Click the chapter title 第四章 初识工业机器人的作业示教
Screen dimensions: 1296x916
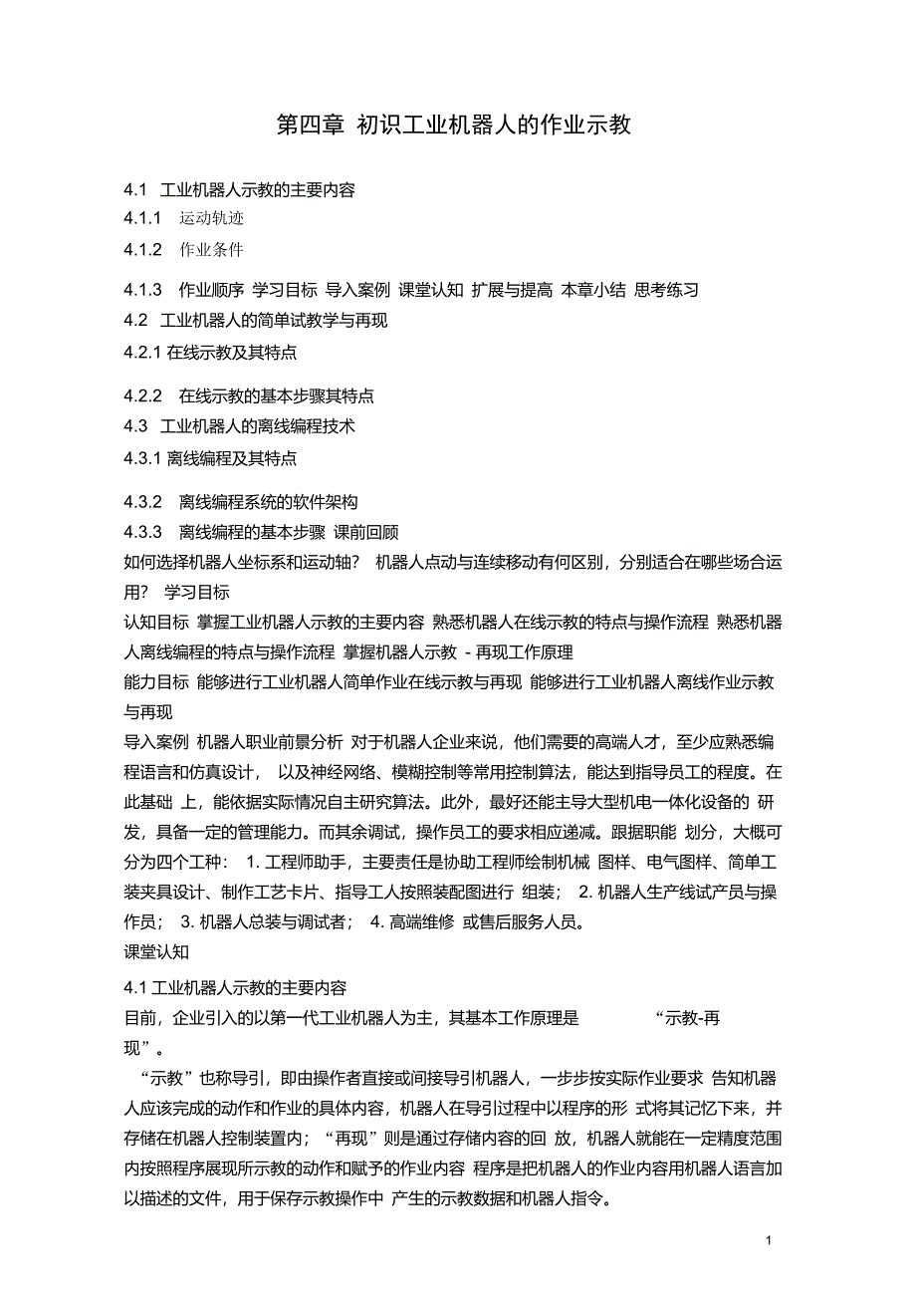tap(453, 126)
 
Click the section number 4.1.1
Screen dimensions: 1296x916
tap(142, 218)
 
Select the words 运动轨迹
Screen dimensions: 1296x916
tap(211, 218)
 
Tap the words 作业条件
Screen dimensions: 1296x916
tap(211, 249)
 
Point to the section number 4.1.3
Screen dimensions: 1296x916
tap(142, 290)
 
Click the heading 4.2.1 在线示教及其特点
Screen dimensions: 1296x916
tap(210, 352)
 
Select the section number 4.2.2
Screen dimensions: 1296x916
tap(142, 395)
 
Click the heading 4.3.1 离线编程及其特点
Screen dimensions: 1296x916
tap(210, 458)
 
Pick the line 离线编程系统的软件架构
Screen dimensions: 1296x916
tap(268, 502)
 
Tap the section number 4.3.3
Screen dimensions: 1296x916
tap(142, 532)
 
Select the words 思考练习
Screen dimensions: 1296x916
tap(666, 290)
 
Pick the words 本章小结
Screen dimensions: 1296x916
tap(593, 290)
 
